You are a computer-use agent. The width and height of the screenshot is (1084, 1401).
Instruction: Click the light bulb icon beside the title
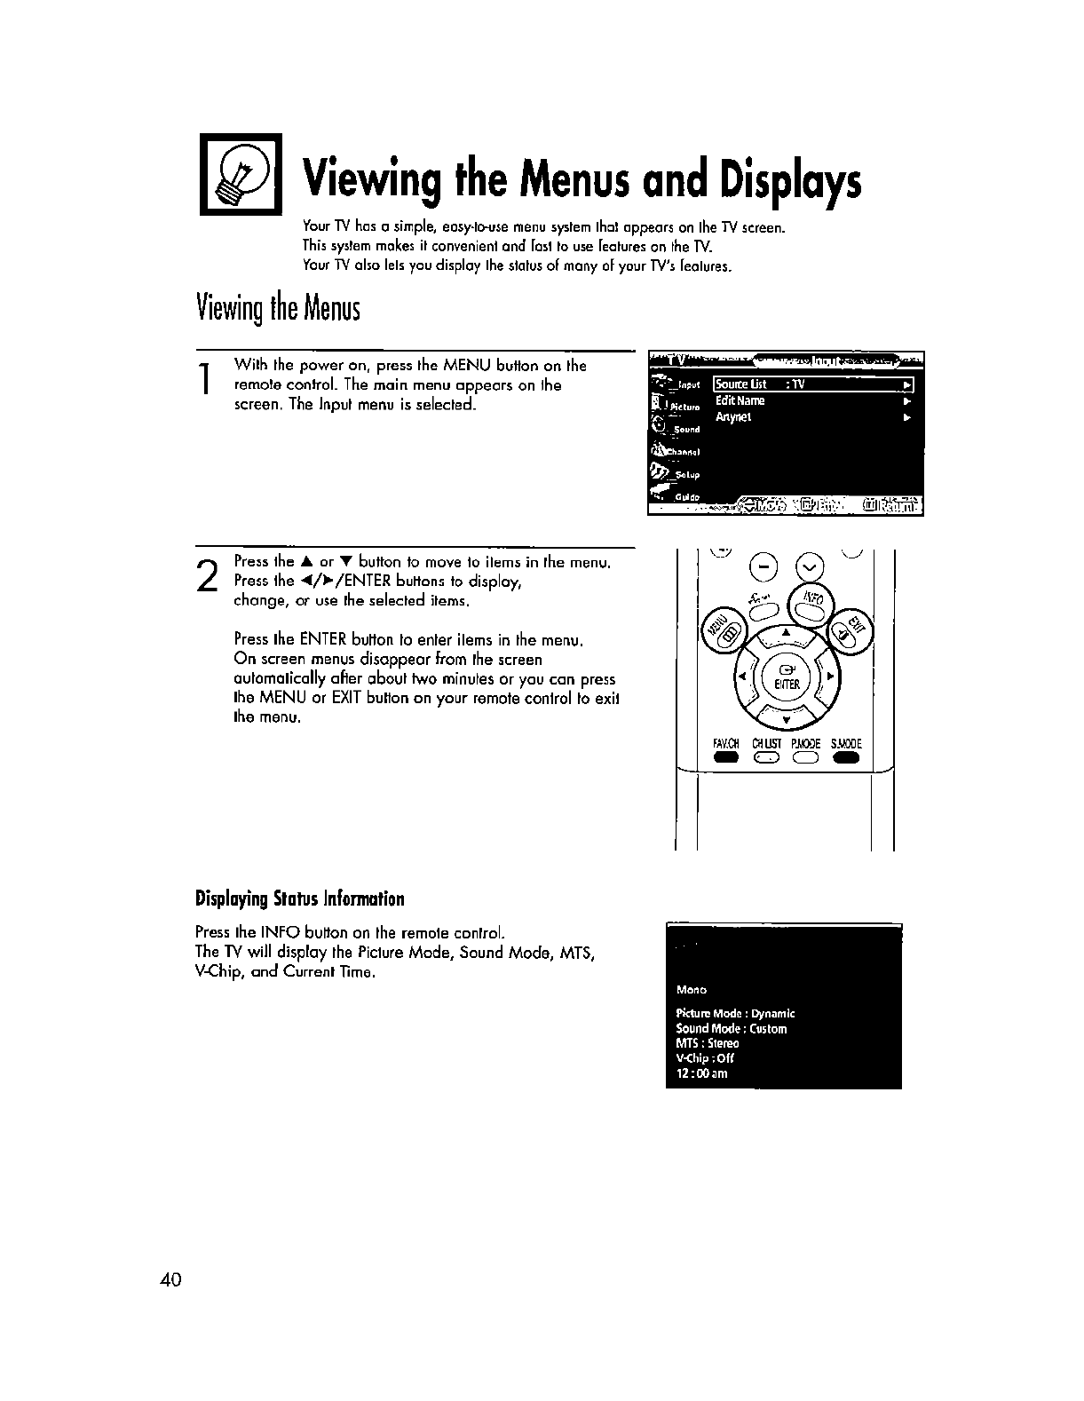click(x=240, y=173)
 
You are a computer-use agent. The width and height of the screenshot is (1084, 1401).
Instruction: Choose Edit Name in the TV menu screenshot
click(x=740, y=400)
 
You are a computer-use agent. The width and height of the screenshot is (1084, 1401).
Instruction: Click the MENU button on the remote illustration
click(x=720, y=632)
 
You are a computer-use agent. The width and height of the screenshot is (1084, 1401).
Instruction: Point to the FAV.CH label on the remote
click(x=726, y=744)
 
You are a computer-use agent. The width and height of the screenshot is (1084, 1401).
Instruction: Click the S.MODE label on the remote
click(x=846, y=744)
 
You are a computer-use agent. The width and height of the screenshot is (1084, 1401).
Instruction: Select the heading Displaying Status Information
click(x=299, y=899)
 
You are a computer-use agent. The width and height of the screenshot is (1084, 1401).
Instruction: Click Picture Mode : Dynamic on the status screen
click(x=735, y=1013)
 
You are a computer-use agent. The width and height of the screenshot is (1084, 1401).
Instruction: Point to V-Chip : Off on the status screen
click(x=705, y=1058)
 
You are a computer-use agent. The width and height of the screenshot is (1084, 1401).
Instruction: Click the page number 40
click(x=171, y=1279)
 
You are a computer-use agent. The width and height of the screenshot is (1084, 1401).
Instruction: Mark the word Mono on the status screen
click(x=691, y=989)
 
